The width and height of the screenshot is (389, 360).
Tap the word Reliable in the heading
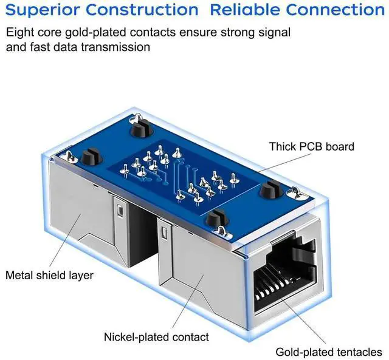click(247, 10)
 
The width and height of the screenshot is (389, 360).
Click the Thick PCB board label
click(312, 146)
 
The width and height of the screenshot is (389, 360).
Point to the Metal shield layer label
click(49, 275)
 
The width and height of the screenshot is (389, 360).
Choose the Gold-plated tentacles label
click(329, 352)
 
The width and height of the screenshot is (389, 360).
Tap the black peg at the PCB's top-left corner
click(139, 129)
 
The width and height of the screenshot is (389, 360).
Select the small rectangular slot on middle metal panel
click(165, 232)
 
